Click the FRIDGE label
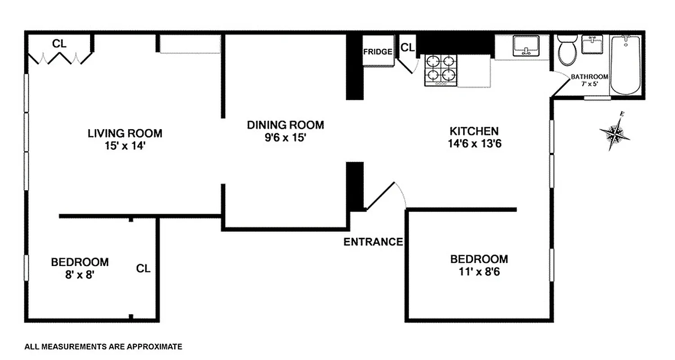378,52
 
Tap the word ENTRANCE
373,242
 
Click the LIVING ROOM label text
125,134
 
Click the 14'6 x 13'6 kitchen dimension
474,144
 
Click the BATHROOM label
589,76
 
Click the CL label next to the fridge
408,47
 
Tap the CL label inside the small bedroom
143,269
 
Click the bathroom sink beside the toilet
592,45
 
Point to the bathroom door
560,86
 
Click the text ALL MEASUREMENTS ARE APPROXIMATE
103,346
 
